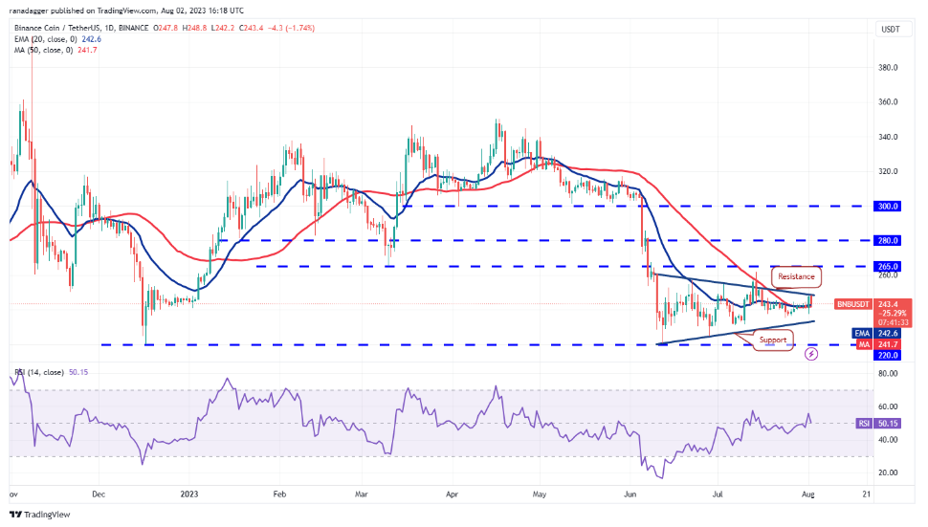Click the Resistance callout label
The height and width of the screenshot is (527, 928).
pos(796,276)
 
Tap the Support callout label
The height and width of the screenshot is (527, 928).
pos(773,340)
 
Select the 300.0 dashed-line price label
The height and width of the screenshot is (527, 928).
pos(889,206)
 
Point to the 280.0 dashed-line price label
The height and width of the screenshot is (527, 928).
pos(889,240)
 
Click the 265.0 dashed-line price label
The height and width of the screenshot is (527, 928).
pos(889,266)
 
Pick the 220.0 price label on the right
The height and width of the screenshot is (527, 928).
pos(889,355)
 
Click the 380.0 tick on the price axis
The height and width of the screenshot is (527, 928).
pos(889,68)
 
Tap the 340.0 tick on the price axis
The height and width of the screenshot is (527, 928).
pos(889,137)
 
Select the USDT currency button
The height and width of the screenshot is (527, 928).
pos(889,30)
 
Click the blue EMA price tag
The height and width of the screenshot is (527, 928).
pos(889,333)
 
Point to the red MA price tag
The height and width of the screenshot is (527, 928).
pos(889,343)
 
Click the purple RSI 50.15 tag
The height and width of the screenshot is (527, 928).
pos(889,422)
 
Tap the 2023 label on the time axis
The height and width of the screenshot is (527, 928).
pos(188,494)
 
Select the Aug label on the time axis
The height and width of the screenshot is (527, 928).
pos(809,494)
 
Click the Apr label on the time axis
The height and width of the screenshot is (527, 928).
pos(452,494)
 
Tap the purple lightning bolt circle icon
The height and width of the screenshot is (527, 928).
pos(811,354)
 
